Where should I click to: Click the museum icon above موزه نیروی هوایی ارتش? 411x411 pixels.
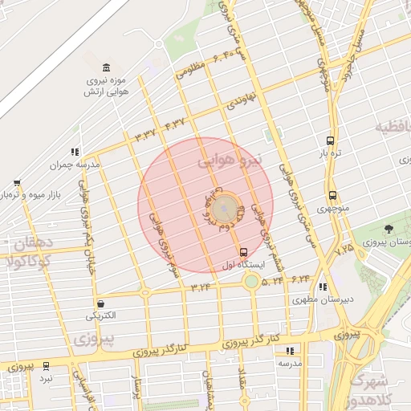107,67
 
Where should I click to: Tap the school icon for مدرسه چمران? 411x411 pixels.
75,151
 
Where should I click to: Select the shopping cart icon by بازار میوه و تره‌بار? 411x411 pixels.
17,183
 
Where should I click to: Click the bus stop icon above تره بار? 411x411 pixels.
332,138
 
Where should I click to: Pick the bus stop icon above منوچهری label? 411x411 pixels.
332,194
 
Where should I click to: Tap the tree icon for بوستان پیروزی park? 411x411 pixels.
389,230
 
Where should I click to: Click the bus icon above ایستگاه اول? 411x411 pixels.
243,253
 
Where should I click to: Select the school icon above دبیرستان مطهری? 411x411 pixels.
323,287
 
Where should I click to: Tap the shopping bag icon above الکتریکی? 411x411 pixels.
100,304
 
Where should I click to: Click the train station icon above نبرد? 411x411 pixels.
46,365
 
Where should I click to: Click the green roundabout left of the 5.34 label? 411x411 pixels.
252,281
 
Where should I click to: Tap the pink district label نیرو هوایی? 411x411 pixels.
230,161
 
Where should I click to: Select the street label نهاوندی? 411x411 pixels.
240,101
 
